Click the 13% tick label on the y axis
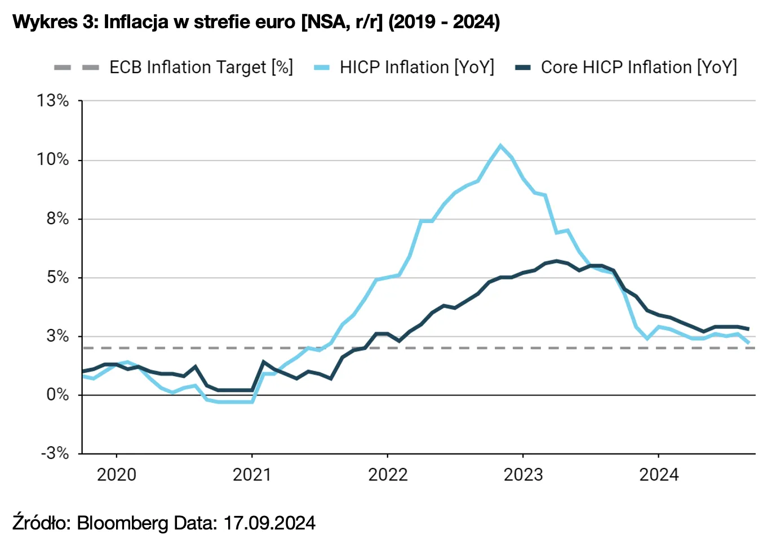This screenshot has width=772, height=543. click(x=53, y=101)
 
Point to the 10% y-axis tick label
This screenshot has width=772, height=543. click(x=53, y=159)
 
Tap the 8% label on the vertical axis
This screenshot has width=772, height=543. click(x=57, y=219)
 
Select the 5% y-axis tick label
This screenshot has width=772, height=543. click(x=57, y=277)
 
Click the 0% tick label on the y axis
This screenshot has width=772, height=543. click(x=57, y=394)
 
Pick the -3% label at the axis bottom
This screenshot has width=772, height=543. click(x=55, y=453)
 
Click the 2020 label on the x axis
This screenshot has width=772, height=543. click(x=117, y=475)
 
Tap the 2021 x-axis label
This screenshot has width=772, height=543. click(x=252, y=475)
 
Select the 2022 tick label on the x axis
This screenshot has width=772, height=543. click(x=388, y=475)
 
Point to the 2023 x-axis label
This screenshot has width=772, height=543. click(x=523, y=475)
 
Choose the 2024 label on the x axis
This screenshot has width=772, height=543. click(x=659, y=475)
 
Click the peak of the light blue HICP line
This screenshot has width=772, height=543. click(x=500, y=146)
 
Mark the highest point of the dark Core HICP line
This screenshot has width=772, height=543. click(x=557, y=261)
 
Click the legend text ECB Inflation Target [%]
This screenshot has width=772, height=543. click(x=201, y=68)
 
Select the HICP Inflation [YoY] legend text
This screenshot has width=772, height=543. click(x=416, y=68)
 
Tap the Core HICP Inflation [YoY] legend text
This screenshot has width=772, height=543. click(x=638, y=68)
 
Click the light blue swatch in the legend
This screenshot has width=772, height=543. click(x=322, y=68)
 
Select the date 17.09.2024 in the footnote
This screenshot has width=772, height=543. click(x=269, y=523)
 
